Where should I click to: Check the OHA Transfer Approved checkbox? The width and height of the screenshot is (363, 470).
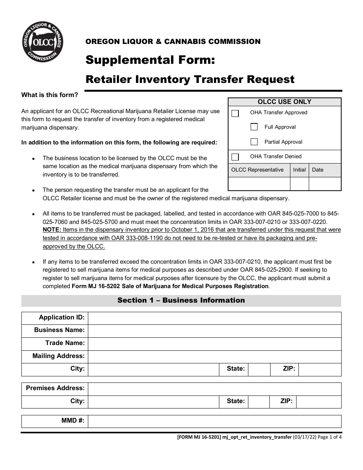[x=235, y=113]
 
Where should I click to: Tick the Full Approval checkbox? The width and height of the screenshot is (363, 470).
[x=254, y=127]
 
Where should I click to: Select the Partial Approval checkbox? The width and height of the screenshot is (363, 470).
[x=254, y=142]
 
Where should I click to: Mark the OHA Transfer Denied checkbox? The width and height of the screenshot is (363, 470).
[x=235, y=157]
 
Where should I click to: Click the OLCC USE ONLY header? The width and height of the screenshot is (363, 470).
[x=284, y=102]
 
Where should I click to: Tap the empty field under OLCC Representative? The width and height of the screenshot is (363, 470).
[x=259, y=184]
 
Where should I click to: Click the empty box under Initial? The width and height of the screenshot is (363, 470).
[x=299, y=184]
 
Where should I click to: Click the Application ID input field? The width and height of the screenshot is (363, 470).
[x=214, y=318]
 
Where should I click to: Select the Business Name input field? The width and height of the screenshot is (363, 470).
[x=214, y=331]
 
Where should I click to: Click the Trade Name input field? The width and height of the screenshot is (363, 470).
[x=214, y=344]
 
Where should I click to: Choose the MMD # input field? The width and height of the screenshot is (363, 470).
[x=214, y=421]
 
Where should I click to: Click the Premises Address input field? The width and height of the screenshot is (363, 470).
[x=214, y=389]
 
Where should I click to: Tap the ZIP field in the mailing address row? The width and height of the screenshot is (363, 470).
[x=319, y=370]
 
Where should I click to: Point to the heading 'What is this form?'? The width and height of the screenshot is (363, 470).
[x=50, y=95]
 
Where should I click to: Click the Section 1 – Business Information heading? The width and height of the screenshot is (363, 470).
[x=181, y=300]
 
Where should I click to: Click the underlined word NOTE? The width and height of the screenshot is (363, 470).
[x=52, y=230]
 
